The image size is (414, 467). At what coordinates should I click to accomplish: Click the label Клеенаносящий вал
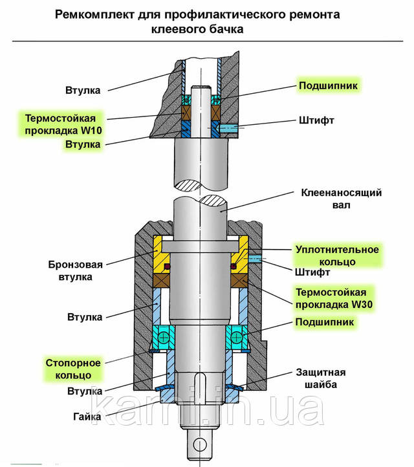tap(342, 199)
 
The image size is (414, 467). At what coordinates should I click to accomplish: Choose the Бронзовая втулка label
tap(75, 270)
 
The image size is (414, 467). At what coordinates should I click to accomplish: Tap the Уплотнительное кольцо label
tap(337, 255)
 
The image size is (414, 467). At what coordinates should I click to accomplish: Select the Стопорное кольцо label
tap(73, 369)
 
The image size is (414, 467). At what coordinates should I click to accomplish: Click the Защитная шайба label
tap(320, 378)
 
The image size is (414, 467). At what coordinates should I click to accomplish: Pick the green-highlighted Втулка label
tap(82, 144)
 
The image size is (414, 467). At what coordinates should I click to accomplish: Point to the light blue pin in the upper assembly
tap(230, 129)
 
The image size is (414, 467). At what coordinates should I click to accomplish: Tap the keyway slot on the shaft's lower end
tap(199, 386)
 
